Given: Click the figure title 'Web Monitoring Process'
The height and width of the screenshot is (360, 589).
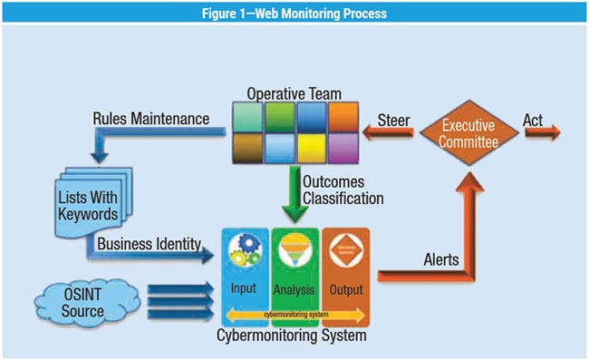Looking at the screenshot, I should click(294, 13).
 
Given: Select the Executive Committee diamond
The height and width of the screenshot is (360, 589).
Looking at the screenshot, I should click(468, 136).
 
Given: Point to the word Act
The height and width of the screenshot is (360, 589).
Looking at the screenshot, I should click(535, 118).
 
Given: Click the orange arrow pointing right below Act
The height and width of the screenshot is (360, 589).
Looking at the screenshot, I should click(541, 134).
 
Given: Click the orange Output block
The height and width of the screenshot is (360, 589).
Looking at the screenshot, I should click(345, 272).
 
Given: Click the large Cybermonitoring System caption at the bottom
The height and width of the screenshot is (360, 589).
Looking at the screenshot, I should click(294, 336).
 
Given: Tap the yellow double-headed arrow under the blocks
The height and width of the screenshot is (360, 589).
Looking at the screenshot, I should click(295, 315).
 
